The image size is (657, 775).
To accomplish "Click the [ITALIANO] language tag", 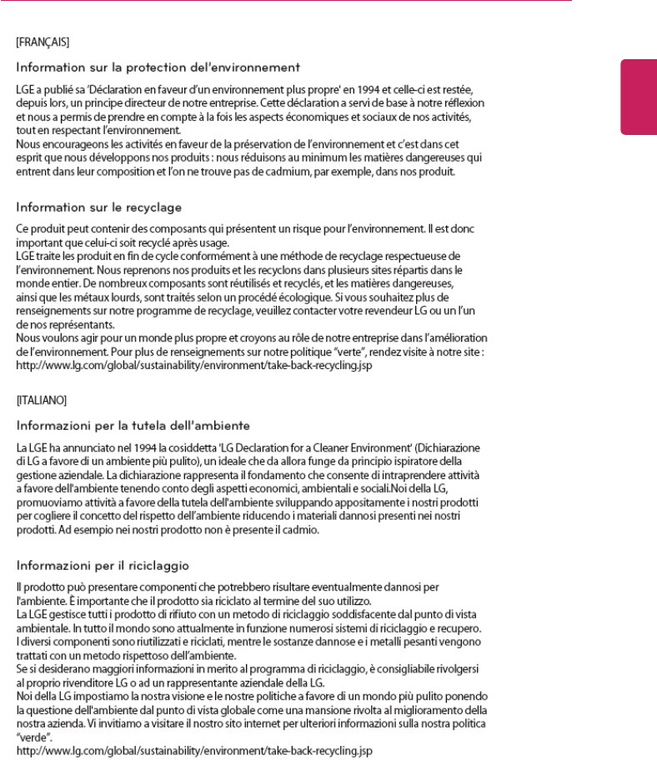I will (38, 399).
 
